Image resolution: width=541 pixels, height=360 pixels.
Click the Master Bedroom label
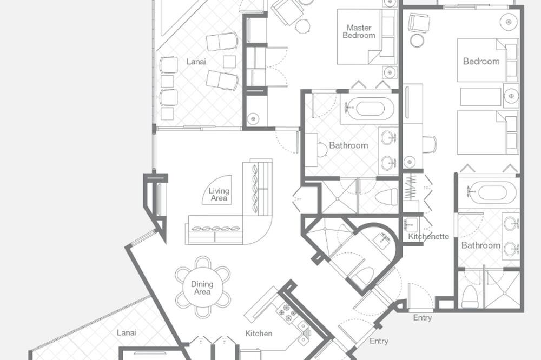click(359, 31)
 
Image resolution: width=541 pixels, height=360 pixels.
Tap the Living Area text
click(219, 195)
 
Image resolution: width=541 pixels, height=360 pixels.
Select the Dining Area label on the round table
click(202, 288)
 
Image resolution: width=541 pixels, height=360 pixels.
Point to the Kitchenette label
click(428, 236)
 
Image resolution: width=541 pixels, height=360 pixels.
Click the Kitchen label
click(259, 334)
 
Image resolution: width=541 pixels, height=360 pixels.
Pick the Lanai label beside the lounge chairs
click(196, 62)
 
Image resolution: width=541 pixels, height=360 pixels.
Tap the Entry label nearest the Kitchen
click(379, 341)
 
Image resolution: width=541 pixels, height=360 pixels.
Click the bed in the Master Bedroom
click(366, 37)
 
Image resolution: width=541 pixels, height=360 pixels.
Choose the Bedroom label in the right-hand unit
click(481, 62)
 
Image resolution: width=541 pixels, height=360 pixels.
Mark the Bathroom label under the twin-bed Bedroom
click(480, 245)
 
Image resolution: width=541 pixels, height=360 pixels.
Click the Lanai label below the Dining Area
click(126, 333)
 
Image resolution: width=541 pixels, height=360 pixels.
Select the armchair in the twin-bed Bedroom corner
click(419, 23)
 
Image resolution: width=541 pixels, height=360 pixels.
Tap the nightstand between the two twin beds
click(511, 96)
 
